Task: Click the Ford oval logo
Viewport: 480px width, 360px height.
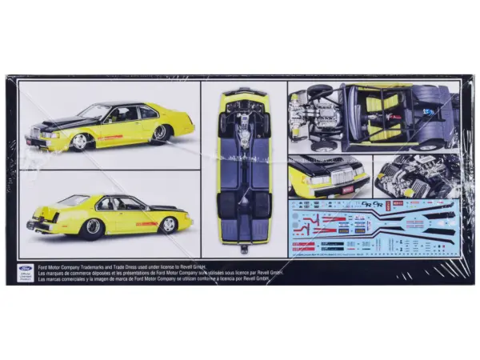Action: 22,269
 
